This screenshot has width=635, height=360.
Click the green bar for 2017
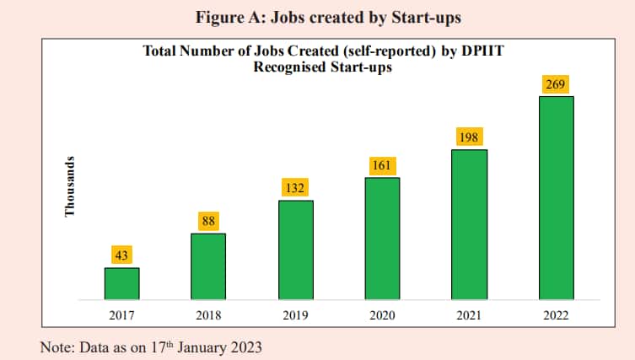(x=121, y=283)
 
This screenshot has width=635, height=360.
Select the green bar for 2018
(x=208, y=266)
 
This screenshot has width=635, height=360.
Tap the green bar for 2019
(x=295, y=250)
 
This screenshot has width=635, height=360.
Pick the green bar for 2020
(x=382, y=238)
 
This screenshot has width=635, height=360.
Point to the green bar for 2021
(x=469, y=224)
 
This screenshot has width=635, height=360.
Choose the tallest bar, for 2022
(x=556, y=197)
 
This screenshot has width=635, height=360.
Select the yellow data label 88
(x=208, y=221)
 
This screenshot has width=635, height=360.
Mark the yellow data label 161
(x=382, y=165)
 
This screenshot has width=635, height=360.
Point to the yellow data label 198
(x=469, y=137)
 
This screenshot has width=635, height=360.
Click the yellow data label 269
(x=556, y=83)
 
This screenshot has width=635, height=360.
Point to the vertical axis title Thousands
(x=71, y=185)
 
